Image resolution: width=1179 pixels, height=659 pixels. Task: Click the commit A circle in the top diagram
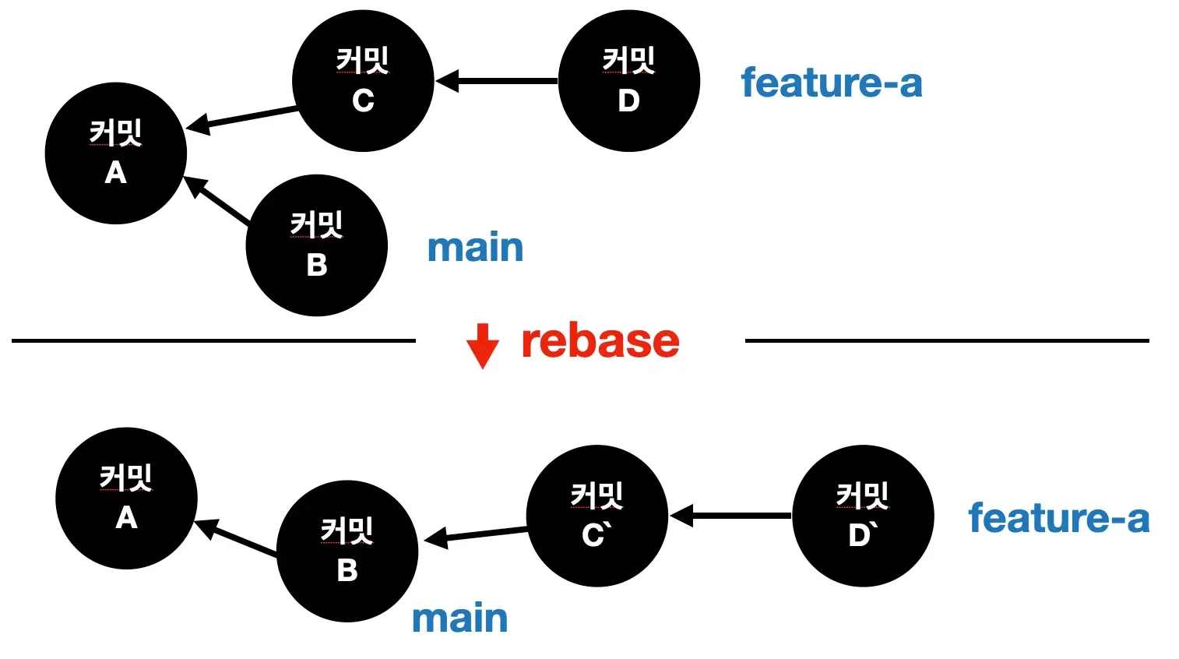[115, 153]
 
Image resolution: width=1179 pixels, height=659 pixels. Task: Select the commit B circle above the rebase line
[316, 245]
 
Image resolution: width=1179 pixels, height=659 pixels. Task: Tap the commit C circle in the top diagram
[363, 81]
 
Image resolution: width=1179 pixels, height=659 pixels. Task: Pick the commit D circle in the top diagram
[628, 81]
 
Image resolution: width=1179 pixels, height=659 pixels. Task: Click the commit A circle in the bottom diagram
[126, 499]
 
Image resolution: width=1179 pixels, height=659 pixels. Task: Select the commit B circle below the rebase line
[347, 552]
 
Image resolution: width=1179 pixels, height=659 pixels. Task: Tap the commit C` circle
[597, 516]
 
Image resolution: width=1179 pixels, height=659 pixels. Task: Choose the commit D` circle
[863, 516]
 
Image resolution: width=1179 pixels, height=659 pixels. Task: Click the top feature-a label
[831, 83]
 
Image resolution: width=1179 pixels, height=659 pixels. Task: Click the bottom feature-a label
[1058, 518]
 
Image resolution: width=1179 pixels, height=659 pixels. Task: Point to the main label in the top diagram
[475, 248]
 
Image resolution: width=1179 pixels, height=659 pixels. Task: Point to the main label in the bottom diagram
[459, 618]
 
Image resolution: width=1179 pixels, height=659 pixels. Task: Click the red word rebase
[600, 342]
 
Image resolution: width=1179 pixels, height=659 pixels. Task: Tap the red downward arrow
[482, 346]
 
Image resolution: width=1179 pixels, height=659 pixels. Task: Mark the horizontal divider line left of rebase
[213, 340]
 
